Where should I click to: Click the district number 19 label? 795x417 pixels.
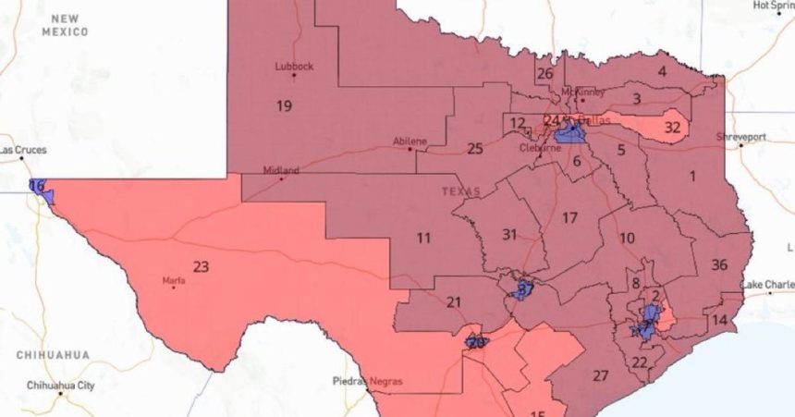(284, 105)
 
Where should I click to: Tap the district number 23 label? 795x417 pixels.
(201, 266)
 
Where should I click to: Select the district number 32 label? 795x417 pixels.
(673, 127)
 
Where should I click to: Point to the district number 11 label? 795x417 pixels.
(423, 238)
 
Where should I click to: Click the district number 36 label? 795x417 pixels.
(719, 264)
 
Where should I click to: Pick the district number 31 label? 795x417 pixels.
(509, 234)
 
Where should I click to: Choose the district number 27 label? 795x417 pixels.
(601, 374)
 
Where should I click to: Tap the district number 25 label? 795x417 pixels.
(475, 148)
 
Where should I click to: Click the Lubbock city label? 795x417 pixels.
(294, 67)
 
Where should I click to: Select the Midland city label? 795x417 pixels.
(281, 171)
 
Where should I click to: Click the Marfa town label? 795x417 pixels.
(173, 279)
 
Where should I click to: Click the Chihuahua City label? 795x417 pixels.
(60, 384)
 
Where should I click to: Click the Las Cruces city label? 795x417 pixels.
(23, 150)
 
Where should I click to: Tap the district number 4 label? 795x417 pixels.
(662, 71)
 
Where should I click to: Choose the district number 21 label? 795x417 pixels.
(454, 301)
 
